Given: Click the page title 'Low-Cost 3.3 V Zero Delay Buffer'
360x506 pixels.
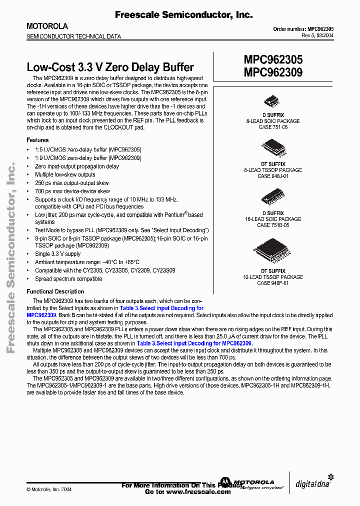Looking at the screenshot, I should coord(110,67).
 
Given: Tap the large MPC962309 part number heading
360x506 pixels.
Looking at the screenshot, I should coord(273,72).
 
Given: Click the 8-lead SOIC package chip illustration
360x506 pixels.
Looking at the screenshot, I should coord(272,100).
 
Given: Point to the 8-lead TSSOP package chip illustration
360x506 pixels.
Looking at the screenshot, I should coord(272,147).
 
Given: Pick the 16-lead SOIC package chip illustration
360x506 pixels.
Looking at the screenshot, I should coord(272,196).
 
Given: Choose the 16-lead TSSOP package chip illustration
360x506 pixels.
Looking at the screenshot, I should coord(272,251).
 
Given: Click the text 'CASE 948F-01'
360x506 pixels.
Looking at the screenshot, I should coord(273,283).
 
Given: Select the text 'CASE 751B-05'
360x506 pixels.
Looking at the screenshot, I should coord(273,225).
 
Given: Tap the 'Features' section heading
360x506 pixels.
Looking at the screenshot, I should coord(37,140).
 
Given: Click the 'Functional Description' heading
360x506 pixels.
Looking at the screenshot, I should coord(55,291).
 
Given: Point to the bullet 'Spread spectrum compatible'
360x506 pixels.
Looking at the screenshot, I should coord(68,278).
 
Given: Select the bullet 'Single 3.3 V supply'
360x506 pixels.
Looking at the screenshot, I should coord(57,254).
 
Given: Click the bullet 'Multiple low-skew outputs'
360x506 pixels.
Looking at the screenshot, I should coord(65,174).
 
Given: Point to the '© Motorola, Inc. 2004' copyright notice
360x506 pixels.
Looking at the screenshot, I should coord(49,489).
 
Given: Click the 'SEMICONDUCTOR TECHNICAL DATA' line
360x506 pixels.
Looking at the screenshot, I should coord(73,36).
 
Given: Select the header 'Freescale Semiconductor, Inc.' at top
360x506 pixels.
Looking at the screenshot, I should coord(183,15).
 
